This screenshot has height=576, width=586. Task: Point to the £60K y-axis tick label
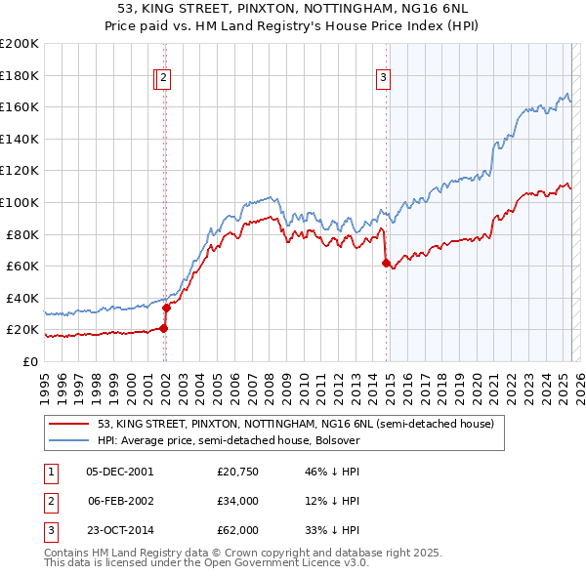(22, 266)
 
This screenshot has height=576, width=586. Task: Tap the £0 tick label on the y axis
(31, 361)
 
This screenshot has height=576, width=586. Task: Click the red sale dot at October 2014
(386, 263)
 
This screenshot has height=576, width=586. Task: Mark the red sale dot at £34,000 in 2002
(166, 308)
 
